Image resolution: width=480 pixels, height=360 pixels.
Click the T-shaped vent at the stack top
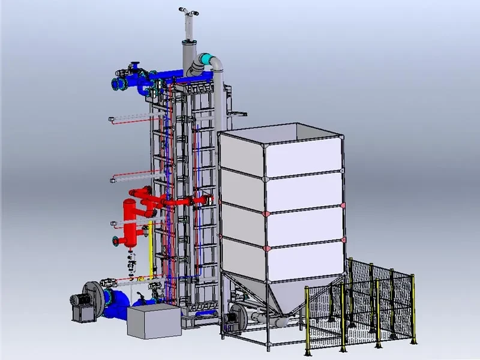189,11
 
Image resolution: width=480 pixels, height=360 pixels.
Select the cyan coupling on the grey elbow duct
207,60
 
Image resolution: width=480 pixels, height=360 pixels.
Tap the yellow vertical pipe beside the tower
150,246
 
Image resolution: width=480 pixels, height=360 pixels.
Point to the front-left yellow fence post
307,318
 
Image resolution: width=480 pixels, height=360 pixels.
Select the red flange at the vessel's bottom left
115,242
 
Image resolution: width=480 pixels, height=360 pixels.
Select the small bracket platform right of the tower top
238,113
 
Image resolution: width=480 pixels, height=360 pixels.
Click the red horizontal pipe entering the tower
180,202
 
